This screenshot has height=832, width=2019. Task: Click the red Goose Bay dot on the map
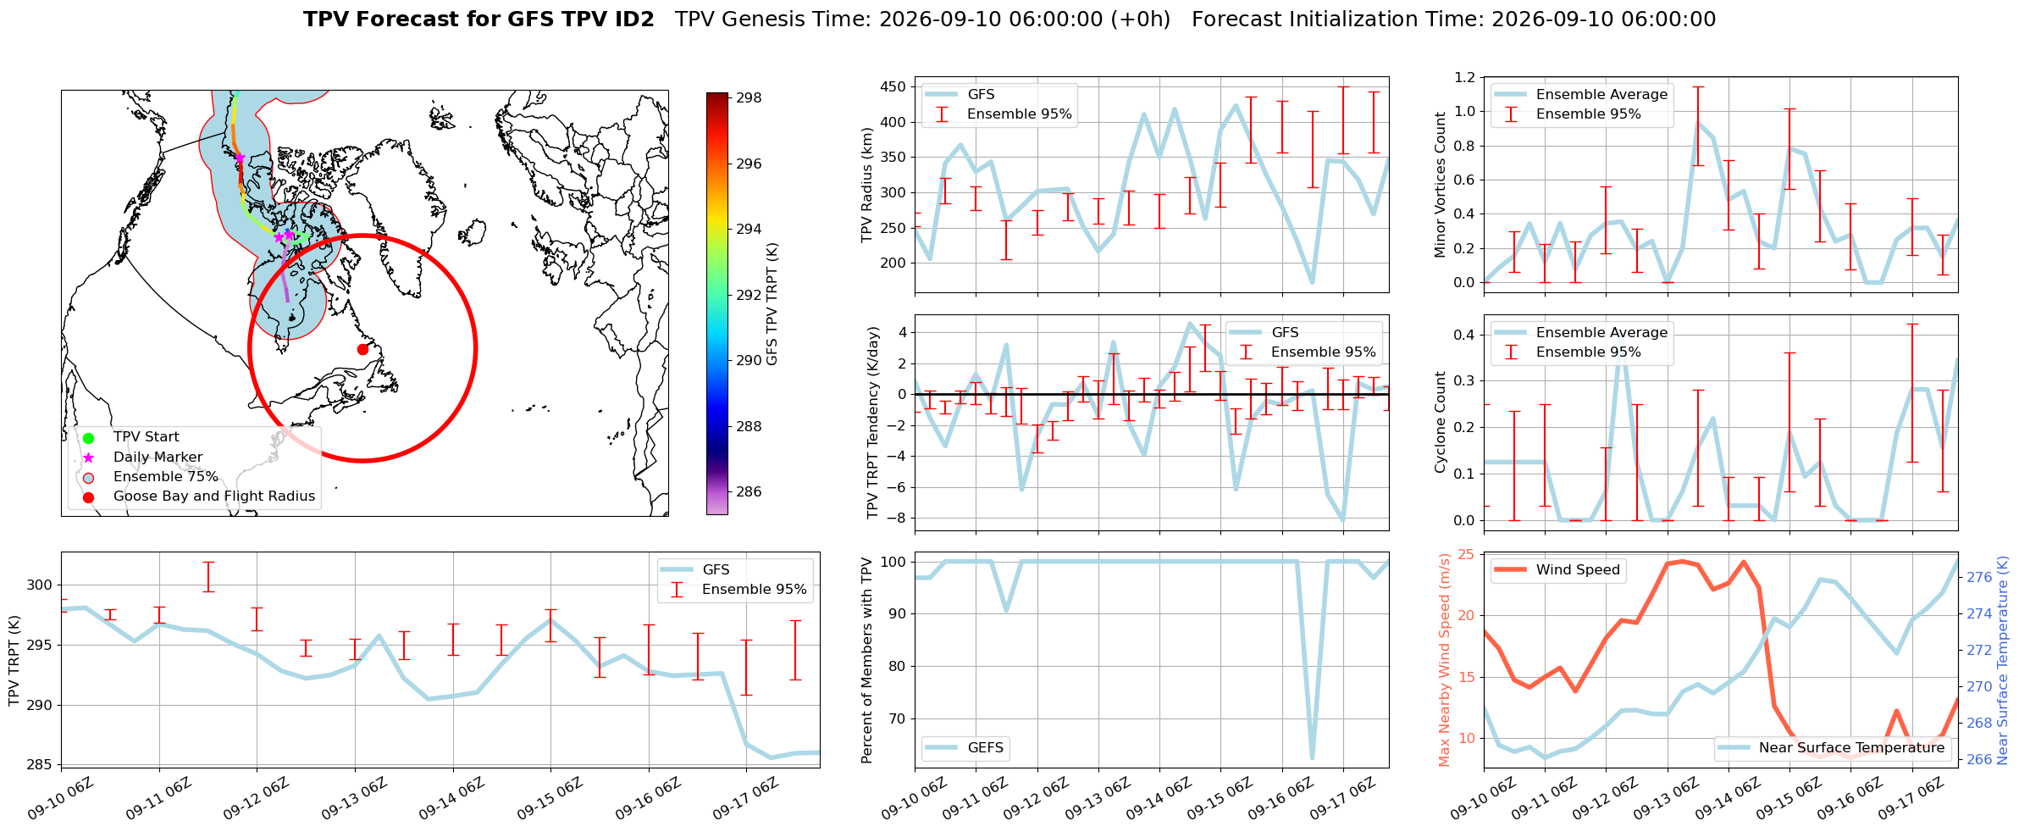362,349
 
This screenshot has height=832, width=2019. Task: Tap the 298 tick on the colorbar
749,98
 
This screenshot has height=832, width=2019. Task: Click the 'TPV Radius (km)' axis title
867,185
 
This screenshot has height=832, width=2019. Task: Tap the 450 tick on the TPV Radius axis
893,87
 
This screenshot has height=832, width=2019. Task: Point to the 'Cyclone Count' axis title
1440,422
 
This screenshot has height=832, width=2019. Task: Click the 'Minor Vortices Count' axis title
1440,185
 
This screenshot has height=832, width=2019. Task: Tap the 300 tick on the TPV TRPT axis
40,585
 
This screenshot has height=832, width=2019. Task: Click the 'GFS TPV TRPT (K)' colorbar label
772,304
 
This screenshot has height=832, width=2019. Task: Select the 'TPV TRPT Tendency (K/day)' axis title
872,423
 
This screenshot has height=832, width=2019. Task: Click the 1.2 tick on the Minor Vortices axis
1464,78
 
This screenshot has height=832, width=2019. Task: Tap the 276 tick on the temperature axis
1979,578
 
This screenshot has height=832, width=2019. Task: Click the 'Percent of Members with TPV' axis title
867,660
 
